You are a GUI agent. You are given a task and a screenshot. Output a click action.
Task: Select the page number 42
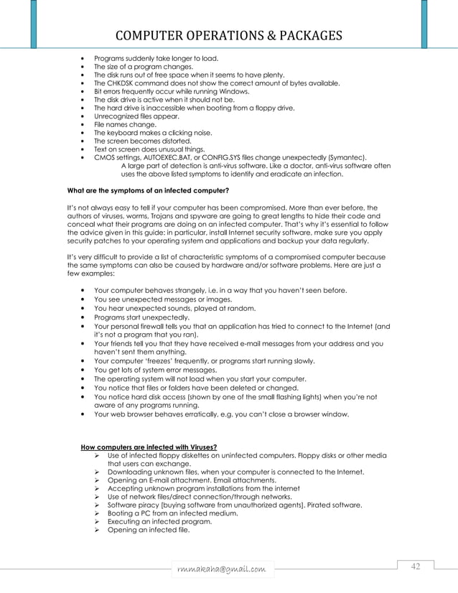click(415, 567)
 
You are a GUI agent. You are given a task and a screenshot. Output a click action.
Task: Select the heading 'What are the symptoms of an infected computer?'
click(148, 190)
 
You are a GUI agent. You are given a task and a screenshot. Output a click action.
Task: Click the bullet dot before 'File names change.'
click(86, 124)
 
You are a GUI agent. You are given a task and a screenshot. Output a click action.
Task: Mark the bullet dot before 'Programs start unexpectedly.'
click(86, 317)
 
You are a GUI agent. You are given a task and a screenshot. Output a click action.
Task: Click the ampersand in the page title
click(255, 36)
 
